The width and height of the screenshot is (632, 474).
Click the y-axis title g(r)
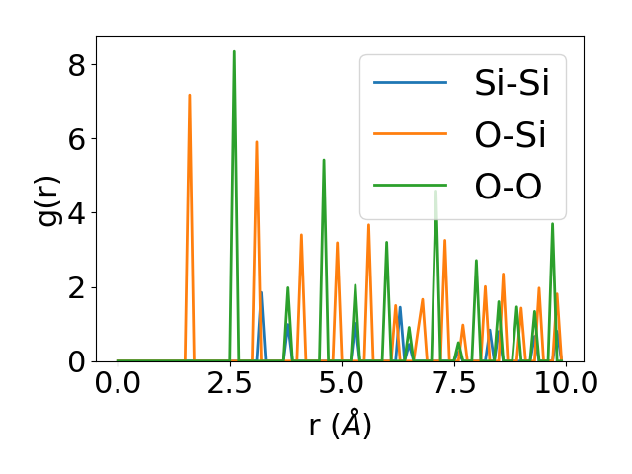(x=49, y=198)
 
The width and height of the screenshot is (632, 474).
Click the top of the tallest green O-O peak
(x=234, y=51)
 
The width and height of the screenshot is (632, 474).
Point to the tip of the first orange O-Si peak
(x=189, y=95)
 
